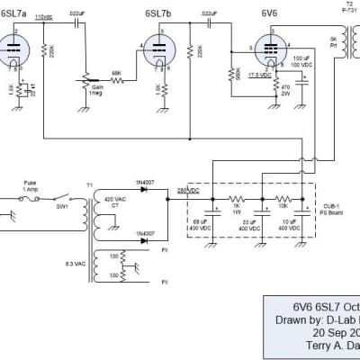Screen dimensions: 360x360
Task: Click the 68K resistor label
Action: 117,74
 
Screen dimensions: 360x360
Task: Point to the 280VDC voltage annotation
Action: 187,190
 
